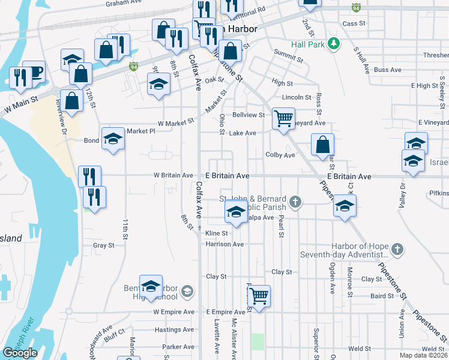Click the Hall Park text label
(x=307, y=44)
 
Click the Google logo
(x=20, y=353)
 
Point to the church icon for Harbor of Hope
(x=396, y=248)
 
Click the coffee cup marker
(x=34, y=71)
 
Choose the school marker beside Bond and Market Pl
(x=113, y=139)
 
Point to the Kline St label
(x=217, y=233)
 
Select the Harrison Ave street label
(x=224, y=244)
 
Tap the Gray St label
(x=103, y=245)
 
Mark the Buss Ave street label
(x=387, y=70)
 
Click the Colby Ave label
(x=280, y=155)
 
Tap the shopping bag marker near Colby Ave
(x=322, y=145)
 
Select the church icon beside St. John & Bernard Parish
(x=294, y=202)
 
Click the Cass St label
(x=354, y=23)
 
